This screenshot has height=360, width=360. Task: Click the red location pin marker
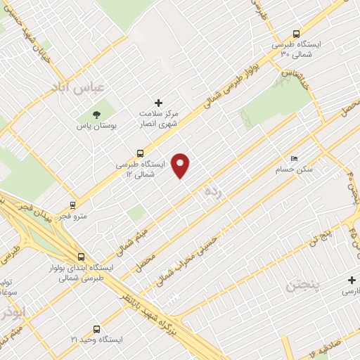coord(181,165)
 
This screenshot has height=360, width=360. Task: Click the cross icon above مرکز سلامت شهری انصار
coord(158,103)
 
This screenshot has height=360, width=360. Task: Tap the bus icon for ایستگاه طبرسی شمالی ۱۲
coord(141,152)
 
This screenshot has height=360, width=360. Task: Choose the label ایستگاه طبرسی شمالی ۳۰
coord(300,49)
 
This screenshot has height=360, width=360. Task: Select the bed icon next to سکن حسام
coord(294,158)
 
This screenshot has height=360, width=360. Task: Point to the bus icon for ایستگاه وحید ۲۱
coord(96,328)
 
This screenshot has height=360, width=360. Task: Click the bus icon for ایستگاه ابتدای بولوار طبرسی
coord(82,257)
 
